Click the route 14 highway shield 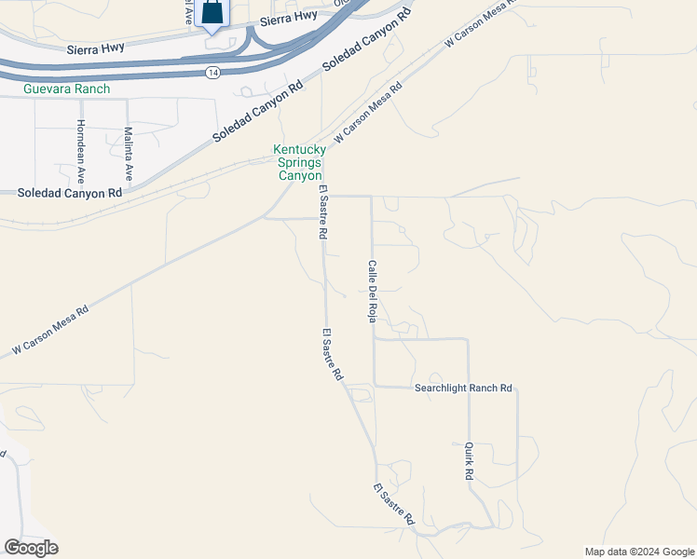pyautogui.click(x=214, y=72)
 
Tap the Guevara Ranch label pyautogui.click(x=67, y=89)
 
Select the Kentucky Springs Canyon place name pyautogui.click(x=298, y=162)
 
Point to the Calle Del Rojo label pyautogui.click(x=371, y=290)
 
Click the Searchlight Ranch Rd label pyautogui.click(x=463, y=388)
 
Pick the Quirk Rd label pyautogui.click(x=469, y=461)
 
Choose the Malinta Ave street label pyautogui.click(x=129, y=154)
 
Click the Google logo pyautogui.click(x=31, y=548)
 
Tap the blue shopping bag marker pyautogui.click(x=213, y=14)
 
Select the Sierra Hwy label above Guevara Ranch pyautogui.click(x=96, y=48)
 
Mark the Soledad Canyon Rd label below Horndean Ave pyautogui.click(x=70, y=193)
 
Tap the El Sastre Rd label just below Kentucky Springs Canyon pyautogui.click(x=322, y=213)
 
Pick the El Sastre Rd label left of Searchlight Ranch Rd pyautogui.click(x=332, y=355)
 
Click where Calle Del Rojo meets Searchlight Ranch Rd pyautogui.click(x=374, y=386)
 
